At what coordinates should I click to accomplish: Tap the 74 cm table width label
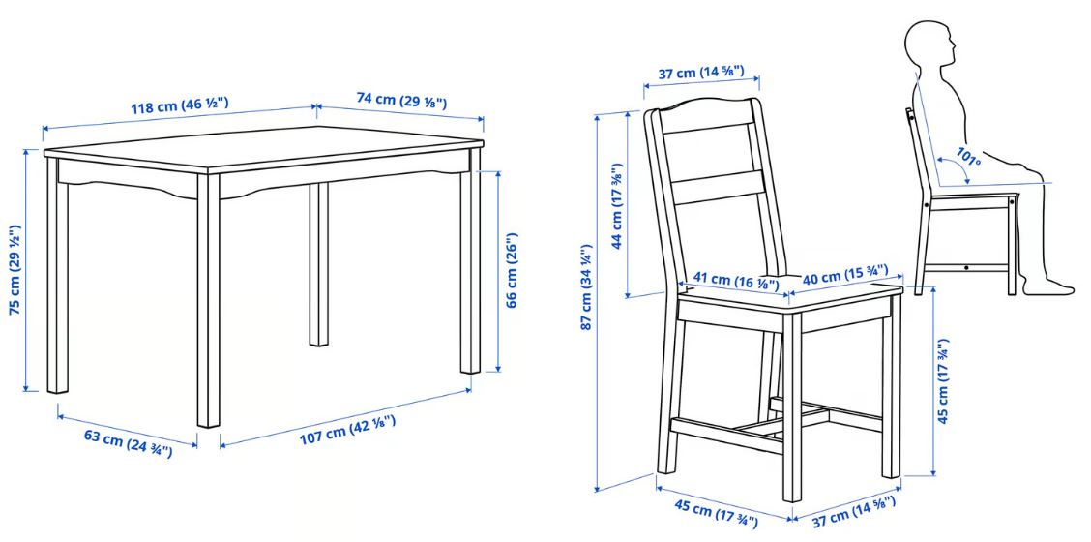[x=401, y=100]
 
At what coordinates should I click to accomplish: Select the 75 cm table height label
[x=15, y=270]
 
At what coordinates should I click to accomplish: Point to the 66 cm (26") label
[x=512, y=269]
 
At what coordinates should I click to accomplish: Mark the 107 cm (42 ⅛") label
[x=348, y=431]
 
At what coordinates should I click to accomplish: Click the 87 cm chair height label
[x=585, y=286]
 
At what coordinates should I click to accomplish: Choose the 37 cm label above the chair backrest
[x=700, y=72]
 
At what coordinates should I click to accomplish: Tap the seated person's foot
[x=1048, y=285]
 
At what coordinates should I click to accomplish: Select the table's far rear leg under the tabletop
[x=318, y=263]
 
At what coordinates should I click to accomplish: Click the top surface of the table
[x=264, y=147]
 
